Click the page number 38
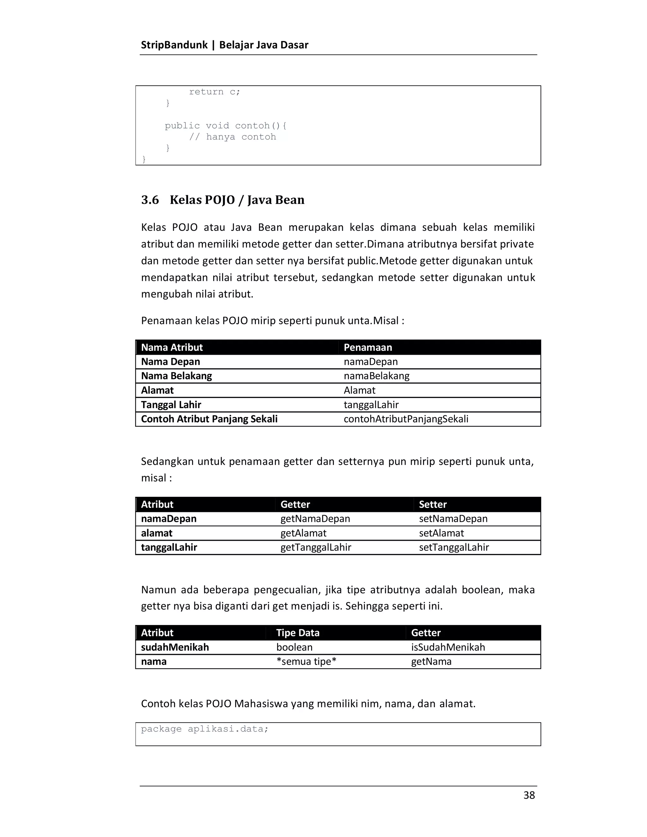(x=529, y=795)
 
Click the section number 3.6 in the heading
(x=150, y=200)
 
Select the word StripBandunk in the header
(x=174, y=45)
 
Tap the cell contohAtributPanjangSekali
(x=406, y=419)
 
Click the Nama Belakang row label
(x=176, y=376)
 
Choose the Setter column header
(x=432, y=504)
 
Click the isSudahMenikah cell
(x=448, y=647)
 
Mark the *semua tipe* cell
(x=306, y=661)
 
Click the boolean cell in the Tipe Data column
(x=294, y=647)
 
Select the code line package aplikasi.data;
(x=204, y=729)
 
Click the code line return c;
(x=214, y=92)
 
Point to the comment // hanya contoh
(x=232, y=137)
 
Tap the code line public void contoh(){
(x=226, y=126)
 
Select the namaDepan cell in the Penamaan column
(x=370, y=361)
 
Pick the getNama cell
(x=431, y=661)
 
